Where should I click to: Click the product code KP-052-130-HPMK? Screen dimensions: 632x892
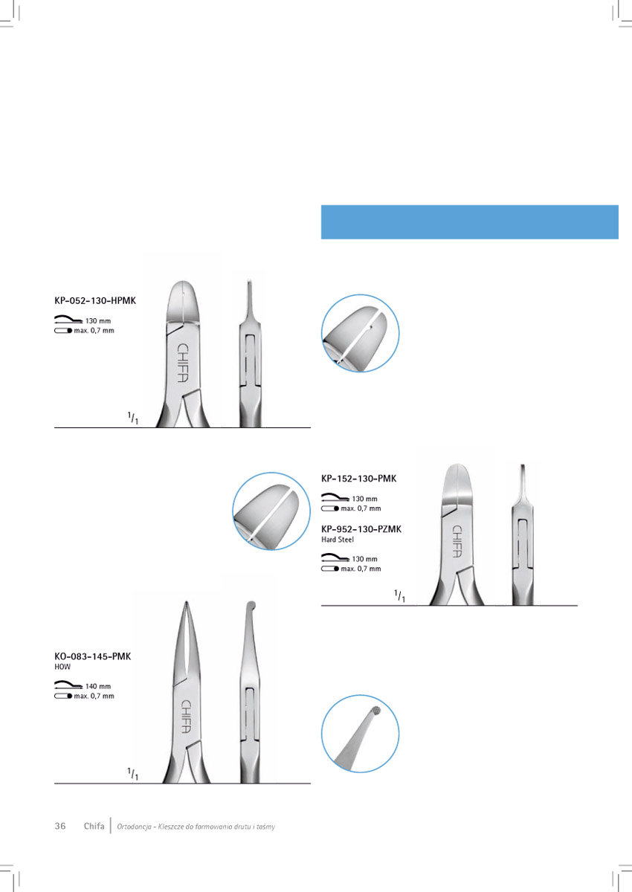tap(95, 300)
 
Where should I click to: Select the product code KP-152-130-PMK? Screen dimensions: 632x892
tap(359, 479)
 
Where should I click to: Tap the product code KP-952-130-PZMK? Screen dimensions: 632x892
tap(361, 529)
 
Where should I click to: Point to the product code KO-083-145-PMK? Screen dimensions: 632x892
tap(92, 656)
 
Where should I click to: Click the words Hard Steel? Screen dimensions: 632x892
tap(338, 540)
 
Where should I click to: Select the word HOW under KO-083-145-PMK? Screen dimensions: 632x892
tap(62, 667)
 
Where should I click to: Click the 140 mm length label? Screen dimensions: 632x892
tap(98, 686)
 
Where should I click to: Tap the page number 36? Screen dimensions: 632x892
tap(60, 826)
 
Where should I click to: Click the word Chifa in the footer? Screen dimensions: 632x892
tap(94, 826)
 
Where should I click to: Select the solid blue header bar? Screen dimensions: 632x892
tap(469, 222)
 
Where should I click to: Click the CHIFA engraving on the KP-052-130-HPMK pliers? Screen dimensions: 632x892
tap(182, 363)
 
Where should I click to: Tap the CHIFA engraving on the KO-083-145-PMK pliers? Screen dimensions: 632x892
tap(186, 717)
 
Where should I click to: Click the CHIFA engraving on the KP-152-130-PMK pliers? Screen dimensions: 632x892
tap(457, 541)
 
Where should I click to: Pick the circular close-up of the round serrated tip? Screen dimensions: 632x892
tap(360, 734)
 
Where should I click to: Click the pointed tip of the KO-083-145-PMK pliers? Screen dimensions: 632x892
tap(186, 601)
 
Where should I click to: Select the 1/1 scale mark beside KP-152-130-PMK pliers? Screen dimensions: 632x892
tap(400, 596)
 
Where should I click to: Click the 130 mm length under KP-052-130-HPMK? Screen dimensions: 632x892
tap(98, 320)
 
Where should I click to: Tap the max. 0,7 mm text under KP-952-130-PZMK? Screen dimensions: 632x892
tap(361, 569)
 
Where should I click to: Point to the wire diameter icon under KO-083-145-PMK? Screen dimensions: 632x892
tap(63, 696)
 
